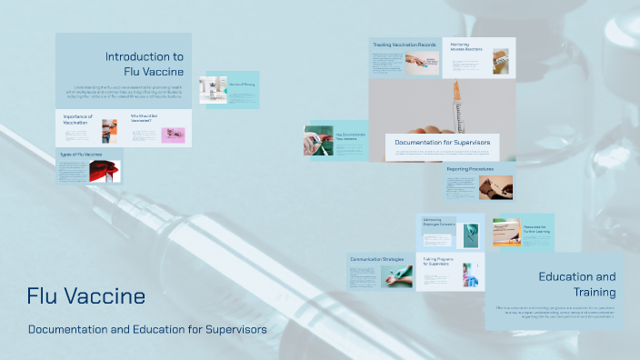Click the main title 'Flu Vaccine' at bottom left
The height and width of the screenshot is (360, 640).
[x=85, y=296]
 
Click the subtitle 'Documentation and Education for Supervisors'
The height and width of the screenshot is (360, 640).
[x=147, y=329]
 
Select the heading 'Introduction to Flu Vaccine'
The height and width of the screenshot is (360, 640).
[x=145, y=64]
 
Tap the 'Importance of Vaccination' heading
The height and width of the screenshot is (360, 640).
[x=80, y=119]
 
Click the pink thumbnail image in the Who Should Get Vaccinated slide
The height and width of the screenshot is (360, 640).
[x=173, y=135]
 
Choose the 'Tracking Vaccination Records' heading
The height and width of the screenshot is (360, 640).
[x=405, y=45]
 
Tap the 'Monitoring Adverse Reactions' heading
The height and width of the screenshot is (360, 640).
[x=466, y=45]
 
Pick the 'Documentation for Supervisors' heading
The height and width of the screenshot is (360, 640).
[x=442, y=143]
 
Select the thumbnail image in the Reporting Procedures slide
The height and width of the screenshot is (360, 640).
[x=496, y=187]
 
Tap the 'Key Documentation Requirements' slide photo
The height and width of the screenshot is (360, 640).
[x=318, y=141]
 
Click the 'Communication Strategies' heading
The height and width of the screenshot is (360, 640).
[x=376, y=259]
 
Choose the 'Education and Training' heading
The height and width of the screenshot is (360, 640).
[x=577, y=285]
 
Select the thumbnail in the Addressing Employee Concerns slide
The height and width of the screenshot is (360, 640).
[x=470, y=232]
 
